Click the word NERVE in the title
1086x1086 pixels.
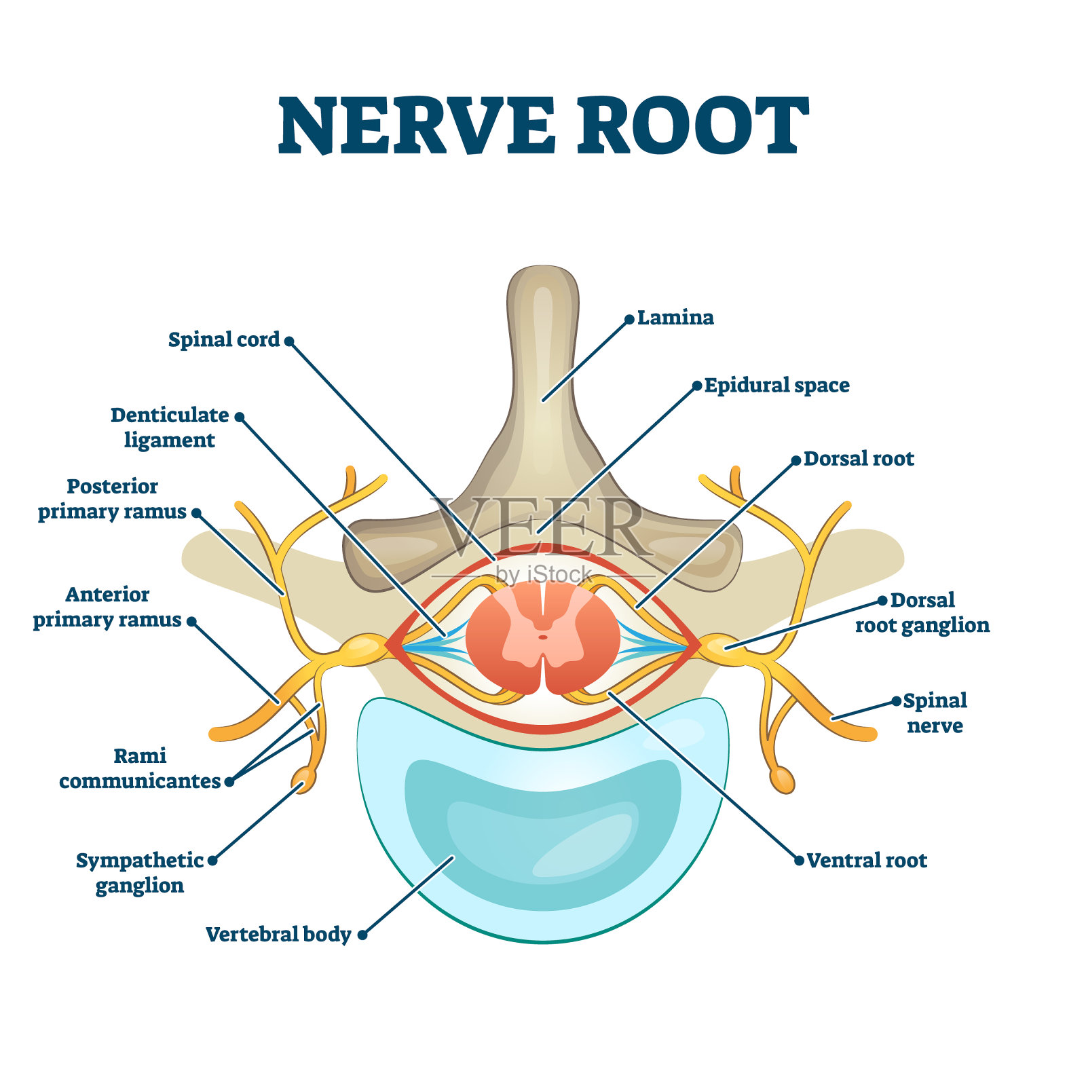(x=417, y=126)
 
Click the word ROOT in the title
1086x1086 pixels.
(x=692, y=126)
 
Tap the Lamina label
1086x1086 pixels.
(x=675, y=318)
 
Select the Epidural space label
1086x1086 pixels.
(x=776, y=386)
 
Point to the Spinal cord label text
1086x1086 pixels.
(x=224, y=339)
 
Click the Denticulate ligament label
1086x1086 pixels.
(x=170, y=428)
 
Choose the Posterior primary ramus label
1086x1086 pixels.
(x=112, y=499)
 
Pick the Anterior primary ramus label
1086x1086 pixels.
(x=107, y=607)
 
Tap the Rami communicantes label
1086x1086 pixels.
(x=140, y=768)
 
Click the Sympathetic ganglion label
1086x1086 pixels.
(x=140, y=873)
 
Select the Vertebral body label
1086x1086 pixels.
(x=278, y=935)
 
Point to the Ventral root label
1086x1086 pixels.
(x=867, y=861)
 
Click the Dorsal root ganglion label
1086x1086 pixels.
(x=922, y=612)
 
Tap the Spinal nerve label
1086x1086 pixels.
(x=935, y=713)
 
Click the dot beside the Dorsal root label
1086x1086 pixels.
(x=796, y=461)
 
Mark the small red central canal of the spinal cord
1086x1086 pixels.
(x=543, y=637)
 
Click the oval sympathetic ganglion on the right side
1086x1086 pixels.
(x=783, y=779)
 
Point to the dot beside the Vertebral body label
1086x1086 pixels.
(x=362, y=935)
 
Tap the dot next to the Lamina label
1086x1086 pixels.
(x=629, y=319)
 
